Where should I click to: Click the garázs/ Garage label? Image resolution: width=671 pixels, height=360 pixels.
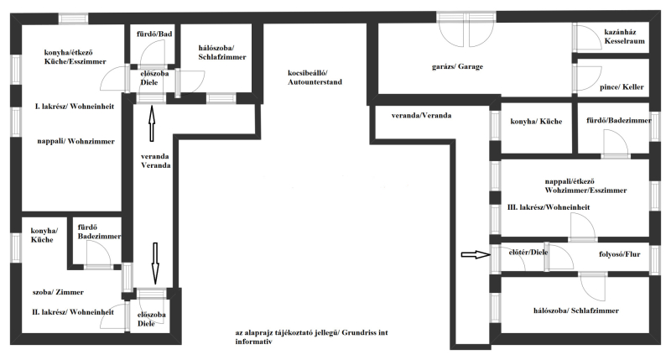pos(457,67)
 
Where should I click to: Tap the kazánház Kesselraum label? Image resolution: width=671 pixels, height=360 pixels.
pos(624,36)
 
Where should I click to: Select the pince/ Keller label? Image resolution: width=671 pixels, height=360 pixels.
pos(622,87)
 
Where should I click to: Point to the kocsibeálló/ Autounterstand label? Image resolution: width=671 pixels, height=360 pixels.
pos(315,77)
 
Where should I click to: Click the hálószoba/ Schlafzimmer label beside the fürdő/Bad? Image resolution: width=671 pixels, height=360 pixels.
pos(222,53)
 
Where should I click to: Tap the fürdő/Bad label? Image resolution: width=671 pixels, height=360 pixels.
pos(154,34)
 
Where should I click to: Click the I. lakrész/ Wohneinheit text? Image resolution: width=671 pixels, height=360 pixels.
pos(75,107)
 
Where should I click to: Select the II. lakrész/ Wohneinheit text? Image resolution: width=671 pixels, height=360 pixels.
pos(73,312)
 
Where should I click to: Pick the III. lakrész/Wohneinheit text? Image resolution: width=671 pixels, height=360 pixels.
pos(549,207)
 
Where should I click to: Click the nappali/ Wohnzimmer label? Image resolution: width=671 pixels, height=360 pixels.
pos(75,141)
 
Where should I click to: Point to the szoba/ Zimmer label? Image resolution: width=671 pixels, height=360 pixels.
pos(58,292)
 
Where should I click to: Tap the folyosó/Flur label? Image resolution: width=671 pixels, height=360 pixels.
pos(619,254)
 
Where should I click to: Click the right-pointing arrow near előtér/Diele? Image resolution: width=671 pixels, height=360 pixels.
pos(476,255)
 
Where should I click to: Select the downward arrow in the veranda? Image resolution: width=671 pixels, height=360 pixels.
pos(155,263)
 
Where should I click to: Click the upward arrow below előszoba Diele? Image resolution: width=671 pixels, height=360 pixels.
pos(152,123)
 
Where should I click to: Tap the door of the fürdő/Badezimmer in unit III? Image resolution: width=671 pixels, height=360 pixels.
pos(616,143)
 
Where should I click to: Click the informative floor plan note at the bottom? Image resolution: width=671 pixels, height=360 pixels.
pos(311,337)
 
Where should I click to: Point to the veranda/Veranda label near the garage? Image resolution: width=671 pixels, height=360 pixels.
pos(421,116)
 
